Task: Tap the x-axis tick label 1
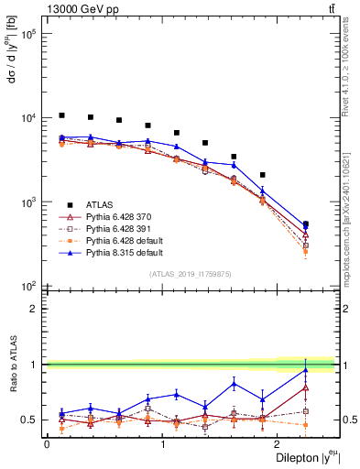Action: tap(163, 444)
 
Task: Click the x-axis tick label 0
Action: tap(47, 444)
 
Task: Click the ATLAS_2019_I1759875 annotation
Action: tap(191, 273)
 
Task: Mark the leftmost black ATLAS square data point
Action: tap(61, 115)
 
